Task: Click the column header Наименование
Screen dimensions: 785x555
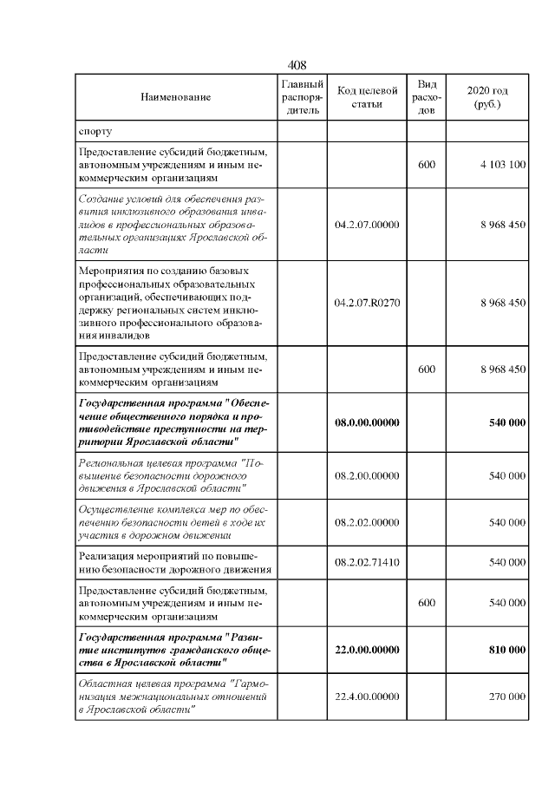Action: pyautogui.click(x=175, y=98)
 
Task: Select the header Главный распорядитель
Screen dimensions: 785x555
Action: pyautogui.click(x=303, y=97)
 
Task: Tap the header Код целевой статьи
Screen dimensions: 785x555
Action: pyautogui.click(x=367, y=97)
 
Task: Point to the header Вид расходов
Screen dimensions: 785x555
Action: pyautogui.click(x=427, y=97)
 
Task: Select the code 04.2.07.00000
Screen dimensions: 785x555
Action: pyautogui.click(x=367, y=225)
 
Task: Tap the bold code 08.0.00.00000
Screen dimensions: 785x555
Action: pyautogui.click(x=367, y=422)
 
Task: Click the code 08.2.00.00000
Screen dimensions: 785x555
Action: pyautogui.click(x=367, y=476)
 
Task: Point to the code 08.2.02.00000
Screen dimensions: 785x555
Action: pyautogui.click(x=367, y=523)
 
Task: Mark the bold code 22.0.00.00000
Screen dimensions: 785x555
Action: pyautogui.click(x=367, y=650)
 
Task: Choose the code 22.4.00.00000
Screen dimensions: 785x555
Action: pyautogui.click(x=367, y=697)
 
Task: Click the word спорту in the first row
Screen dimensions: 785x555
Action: pyautogui.click(x=95, y=132)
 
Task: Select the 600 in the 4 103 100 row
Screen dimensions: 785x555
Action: pyautogui.click(x=427, y=165)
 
